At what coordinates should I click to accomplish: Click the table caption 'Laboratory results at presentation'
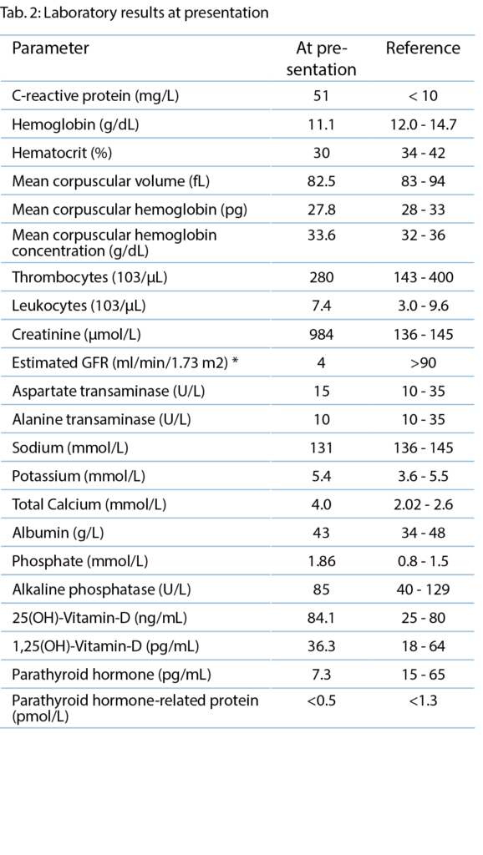click(x=156, y=13)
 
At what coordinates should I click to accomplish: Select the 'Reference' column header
click(x=423, y=48)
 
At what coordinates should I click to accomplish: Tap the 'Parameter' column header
click(x=50, y=48)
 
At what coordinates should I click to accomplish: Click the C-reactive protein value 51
click(x=321, y=96)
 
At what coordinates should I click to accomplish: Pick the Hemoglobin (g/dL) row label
click(x=75, y=125)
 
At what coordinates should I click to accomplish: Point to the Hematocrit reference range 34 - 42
click(x=423, y=153)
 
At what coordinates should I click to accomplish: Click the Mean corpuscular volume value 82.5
click(x=321, y=181)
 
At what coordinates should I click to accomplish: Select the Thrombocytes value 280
click(x=321, y=277)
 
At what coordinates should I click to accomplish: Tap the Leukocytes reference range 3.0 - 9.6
click(x=423, y=306)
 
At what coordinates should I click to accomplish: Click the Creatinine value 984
click(x=321, y=334)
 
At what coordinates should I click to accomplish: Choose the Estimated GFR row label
click(x=125, y=362)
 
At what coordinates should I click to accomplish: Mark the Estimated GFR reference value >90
click(x=423, y=362)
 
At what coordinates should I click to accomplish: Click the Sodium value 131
click(x=321, y=448)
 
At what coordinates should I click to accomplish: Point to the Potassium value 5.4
click(x=321, y=476)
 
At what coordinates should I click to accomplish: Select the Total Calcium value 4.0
click(x=321, y=504)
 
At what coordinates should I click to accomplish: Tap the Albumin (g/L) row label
click(x=58, y=534)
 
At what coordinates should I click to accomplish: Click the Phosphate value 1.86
click(x=321, y=561)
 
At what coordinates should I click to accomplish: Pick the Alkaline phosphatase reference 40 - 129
click(x=423, y=589)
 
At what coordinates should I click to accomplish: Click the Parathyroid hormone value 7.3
click(x=321, y=675)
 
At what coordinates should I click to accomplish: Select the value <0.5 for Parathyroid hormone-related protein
click(x=321, y=701)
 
